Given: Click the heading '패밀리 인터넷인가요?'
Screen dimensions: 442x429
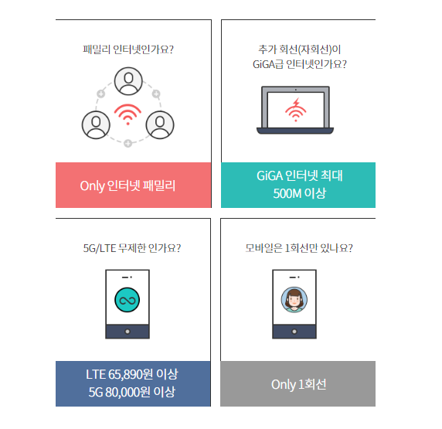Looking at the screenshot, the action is tap(128, 49).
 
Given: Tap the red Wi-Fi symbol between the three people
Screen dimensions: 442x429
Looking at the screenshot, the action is tap(127, 114).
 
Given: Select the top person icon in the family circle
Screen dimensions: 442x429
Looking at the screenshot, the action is tap(128, 81).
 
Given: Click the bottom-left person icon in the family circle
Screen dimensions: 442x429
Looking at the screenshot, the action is tap(96, 125).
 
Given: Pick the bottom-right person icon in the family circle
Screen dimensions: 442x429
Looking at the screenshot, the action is tap(160, 125).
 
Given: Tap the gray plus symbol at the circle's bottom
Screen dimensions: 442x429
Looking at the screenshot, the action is tap(127, 143).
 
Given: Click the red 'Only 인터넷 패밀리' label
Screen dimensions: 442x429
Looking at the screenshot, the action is tap(127, 186).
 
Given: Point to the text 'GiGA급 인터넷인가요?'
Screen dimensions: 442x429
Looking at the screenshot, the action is tap(300, 64).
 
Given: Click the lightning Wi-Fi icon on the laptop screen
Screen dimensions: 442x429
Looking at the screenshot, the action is tap(295, 110).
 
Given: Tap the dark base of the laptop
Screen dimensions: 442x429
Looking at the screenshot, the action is tap(295, 131).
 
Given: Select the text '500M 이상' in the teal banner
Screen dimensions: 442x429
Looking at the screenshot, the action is tap(299, 193).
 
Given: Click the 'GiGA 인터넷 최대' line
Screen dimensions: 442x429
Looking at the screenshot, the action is tap(299, 175).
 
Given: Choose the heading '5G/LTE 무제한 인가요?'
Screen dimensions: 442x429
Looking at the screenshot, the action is tap(132, 248).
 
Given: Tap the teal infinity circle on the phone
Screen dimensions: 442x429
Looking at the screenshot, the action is tap(127, 300).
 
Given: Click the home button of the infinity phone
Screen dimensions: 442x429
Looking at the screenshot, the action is tap(127, 332).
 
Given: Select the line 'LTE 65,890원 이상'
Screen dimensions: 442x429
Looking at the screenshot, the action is tap(132, 374).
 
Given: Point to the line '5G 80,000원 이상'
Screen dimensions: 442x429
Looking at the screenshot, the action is tap(132, 392).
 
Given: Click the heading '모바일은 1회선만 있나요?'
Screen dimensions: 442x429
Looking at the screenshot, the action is tap(299, 248).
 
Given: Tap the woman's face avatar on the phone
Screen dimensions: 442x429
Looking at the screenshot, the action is tap(294, 300).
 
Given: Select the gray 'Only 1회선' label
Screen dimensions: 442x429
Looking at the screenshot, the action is tap(299, 384).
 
